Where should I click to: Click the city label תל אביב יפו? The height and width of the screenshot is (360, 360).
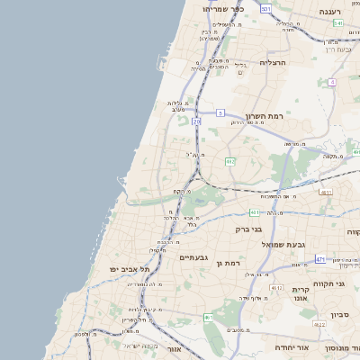[129, 269]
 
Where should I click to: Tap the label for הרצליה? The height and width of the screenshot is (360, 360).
[272, 62]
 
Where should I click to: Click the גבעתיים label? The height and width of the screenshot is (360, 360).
[193, 257]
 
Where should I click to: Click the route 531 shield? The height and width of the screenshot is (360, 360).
[265, 8]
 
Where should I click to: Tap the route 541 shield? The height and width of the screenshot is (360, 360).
[337, 22]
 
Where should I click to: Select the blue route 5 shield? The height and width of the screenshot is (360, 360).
[220, 112]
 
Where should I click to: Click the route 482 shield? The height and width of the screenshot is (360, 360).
[230, 162]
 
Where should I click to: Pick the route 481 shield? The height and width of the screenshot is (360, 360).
[255, 212]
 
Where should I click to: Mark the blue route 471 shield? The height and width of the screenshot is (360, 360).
[320, 259]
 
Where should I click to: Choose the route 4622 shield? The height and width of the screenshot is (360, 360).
[319, 324]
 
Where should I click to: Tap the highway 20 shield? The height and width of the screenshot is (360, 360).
[197, 120]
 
